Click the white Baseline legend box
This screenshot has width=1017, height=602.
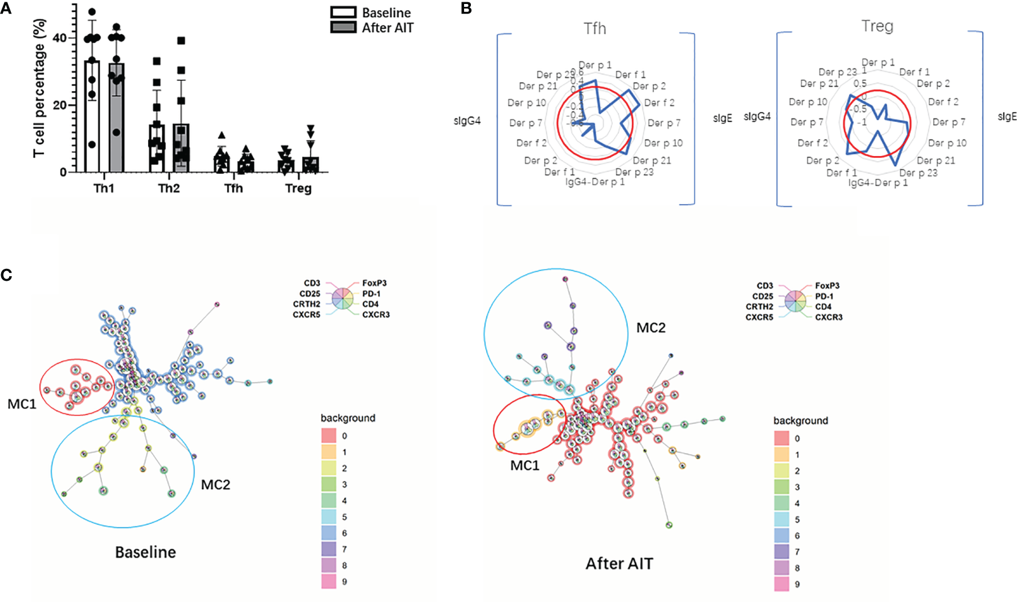[343, 13]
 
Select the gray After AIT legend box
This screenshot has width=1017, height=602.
[343, 27]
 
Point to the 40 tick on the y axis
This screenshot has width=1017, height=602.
[59, 38]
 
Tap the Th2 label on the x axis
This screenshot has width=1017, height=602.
[169, 189]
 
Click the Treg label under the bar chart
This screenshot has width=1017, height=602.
[298, 189]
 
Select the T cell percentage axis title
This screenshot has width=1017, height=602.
[39, 88]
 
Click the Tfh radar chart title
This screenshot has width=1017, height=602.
[594, 28]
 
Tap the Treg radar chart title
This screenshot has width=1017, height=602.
[877, 26]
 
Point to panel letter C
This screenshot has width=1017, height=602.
[6, 275]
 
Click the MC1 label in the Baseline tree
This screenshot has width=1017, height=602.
[22, 404]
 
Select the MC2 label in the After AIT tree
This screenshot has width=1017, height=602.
[650, 328]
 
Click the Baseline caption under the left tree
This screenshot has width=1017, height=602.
[145, 552]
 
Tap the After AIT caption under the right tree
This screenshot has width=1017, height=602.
[619, 563]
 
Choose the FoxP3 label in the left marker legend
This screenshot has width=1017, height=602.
[374, 283]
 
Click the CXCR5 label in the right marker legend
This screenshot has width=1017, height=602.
[759, 317]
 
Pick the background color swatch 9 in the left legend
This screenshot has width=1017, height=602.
[329, 581]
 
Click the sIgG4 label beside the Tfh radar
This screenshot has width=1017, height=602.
[467, 121]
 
